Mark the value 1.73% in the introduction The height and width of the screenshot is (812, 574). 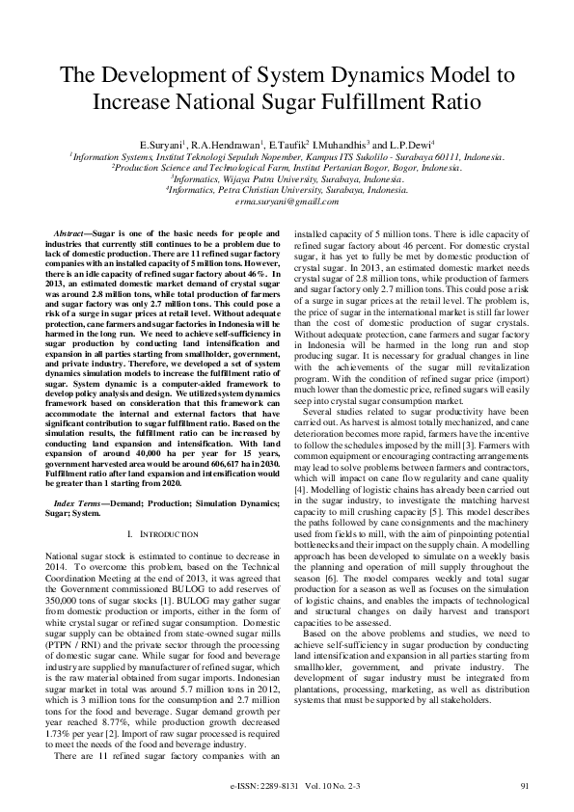click(64, 675)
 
